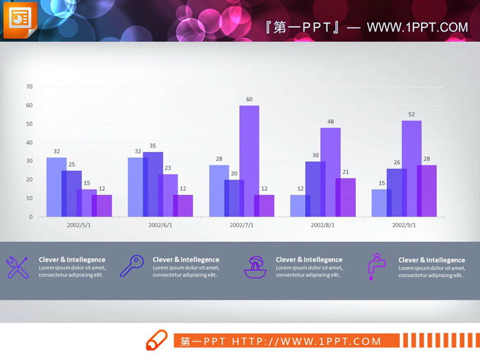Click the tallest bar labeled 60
249,160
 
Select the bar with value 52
411,168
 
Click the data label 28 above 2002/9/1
427,159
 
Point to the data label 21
345,172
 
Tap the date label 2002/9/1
404,225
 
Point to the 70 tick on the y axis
29,86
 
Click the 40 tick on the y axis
29,142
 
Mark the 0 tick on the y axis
31,217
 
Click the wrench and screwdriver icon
17,267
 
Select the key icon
131,266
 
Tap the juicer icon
255,267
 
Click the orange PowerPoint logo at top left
20,21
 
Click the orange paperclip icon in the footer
156,340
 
